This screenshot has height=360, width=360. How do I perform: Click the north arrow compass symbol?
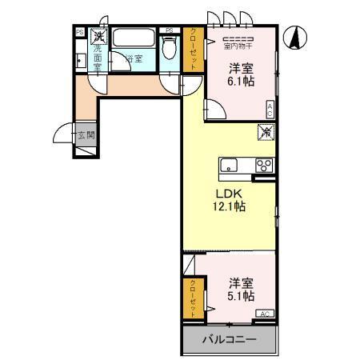tap(296, 36)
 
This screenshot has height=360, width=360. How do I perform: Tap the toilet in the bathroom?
tap(169, 47)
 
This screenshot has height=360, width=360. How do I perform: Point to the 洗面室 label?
tap(98, 58)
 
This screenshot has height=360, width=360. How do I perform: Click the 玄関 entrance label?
tap(86, 135)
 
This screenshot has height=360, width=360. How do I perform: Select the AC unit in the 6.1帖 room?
tap(270, 110)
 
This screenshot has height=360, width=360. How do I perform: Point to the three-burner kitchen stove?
tap(263, 166)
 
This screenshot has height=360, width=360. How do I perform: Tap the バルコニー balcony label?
tap(229, 340)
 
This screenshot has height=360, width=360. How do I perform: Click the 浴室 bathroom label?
tap(134, 58)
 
